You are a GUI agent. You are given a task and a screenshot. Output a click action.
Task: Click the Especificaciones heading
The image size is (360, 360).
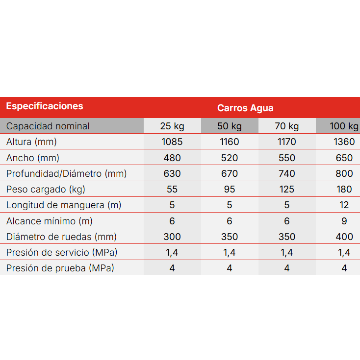tap(45, 106)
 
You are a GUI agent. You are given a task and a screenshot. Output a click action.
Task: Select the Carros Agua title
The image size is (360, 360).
tap(245, 108)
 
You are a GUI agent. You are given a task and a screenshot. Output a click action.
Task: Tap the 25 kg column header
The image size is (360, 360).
tap(172, 126)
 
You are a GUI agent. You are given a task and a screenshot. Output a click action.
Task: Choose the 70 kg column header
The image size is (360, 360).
tap(287, 126)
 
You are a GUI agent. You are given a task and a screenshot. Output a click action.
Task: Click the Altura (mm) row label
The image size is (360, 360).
tap(31, 142)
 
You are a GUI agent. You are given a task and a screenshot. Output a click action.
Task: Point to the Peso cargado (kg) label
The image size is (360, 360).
tap(49, 190)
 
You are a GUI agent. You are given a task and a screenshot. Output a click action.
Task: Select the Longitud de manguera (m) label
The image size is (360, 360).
tap(64, 205)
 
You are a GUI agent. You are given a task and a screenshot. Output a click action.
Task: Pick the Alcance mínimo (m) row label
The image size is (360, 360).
tap(49, 221)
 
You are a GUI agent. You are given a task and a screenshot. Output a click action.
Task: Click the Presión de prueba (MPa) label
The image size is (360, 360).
tap(60, 268)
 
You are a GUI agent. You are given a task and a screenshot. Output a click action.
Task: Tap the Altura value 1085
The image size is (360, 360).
tap(172, 142)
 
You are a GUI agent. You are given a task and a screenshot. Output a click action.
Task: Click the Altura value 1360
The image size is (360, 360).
tap(344, 142)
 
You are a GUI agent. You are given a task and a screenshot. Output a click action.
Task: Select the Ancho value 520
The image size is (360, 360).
tap(230, 158)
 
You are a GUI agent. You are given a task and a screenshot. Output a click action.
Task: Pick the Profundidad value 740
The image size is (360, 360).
tap(287, 174)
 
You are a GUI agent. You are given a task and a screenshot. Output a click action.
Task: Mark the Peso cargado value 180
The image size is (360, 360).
tap(344, 190)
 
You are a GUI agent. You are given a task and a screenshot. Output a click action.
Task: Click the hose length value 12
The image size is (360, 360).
tap(344, 205)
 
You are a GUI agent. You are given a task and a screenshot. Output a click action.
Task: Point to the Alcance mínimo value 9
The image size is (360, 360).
tap(344, 221)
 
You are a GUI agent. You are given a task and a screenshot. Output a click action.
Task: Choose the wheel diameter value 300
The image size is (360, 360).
tap(172, 237)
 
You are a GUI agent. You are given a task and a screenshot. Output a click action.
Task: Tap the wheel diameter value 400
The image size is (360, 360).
tap(344, 237)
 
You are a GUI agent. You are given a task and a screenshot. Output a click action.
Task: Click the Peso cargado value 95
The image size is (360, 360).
tap(230, 190)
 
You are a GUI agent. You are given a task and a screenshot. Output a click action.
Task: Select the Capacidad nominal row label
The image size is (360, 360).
tap(48, 126)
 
